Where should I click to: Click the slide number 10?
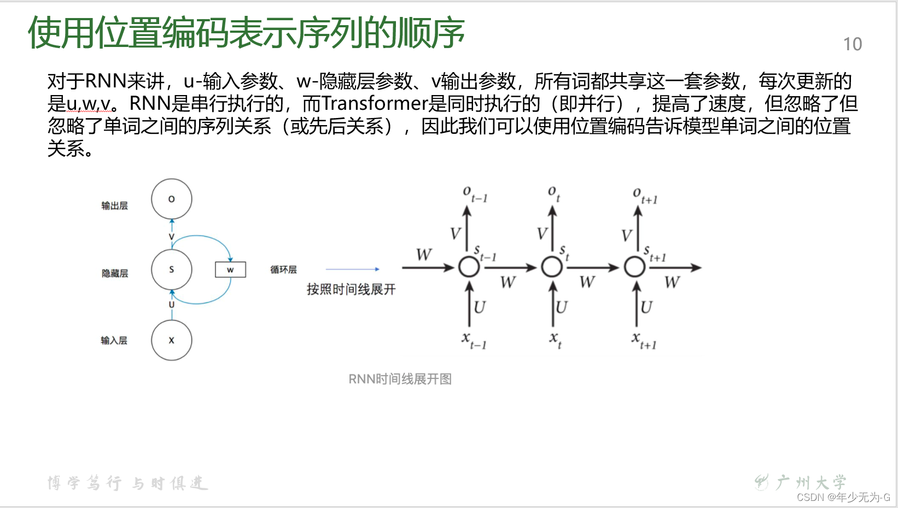tap(852, 44)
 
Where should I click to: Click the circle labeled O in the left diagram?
tap(172, 199)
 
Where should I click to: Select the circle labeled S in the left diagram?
tap(172, 269)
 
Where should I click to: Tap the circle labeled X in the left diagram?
tap(172, 340)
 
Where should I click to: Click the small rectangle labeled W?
tap(230, 269)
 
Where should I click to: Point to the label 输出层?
tap(114, 205)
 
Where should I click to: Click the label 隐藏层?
tap(115, 273)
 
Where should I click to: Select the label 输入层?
tap(114, 340)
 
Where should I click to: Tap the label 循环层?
tap(283, 269)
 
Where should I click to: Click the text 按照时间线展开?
tap(351, 289)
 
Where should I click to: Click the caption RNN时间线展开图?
tap(400, 379)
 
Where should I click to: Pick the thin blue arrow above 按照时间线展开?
tap(352, 269)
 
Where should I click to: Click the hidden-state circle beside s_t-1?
tap(469, 267)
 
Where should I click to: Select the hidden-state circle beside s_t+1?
tap(634, 267)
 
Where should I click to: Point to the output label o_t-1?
tap(474, 194)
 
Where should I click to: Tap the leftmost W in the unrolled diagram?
tap(424, 255)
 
